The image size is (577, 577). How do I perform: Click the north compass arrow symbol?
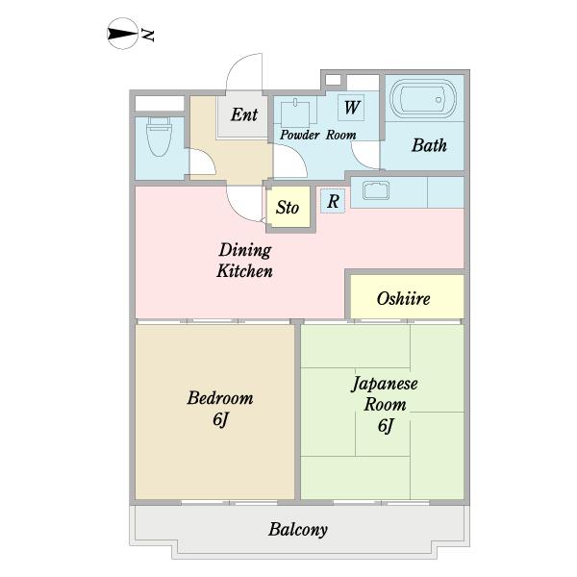(x=121, y=36)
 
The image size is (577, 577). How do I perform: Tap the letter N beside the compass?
(x=149, y=36)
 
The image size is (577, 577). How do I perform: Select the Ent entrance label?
(x=243, y=114)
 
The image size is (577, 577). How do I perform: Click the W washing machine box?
(x=352, y=106)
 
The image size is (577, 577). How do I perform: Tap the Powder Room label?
(x=317, y=136)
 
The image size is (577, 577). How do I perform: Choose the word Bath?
(x=429, y=146)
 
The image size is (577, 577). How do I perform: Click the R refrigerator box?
(x=332, y=201)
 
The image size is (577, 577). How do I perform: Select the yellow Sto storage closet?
(x=288, y=208)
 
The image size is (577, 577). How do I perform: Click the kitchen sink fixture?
(x=372, y=190)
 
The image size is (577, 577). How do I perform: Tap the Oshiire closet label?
(x=403, y=298)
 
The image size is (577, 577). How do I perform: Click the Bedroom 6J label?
(x=220, y=409)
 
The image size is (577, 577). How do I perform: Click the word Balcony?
(x=298, y=529)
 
